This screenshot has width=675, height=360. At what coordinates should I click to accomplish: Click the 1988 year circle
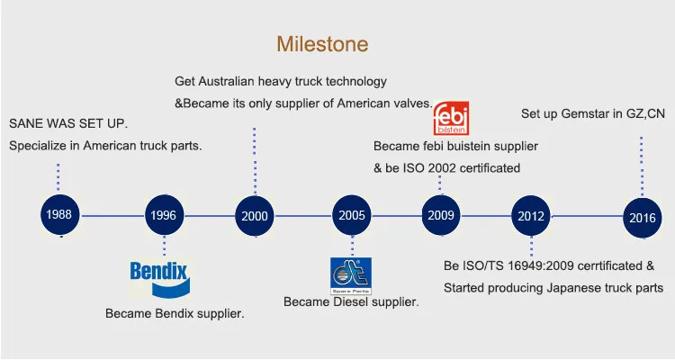59,215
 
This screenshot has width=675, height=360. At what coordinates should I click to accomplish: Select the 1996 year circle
164,215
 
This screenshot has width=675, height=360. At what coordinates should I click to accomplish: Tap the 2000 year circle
255,216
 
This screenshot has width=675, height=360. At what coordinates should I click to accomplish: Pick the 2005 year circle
352,215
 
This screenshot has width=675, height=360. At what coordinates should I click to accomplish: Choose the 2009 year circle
441,215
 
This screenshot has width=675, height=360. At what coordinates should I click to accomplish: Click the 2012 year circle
531,216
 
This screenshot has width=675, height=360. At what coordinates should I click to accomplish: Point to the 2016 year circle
643,218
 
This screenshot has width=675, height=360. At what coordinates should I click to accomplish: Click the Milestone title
322,44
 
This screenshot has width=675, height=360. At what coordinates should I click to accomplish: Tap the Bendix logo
159,279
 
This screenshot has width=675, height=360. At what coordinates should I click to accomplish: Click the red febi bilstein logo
451,118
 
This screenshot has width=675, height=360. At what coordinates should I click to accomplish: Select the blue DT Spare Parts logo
351,276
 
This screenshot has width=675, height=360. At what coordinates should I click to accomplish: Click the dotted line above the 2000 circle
255,161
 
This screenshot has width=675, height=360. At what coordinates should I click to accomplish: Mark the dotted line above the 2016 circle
642,167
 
